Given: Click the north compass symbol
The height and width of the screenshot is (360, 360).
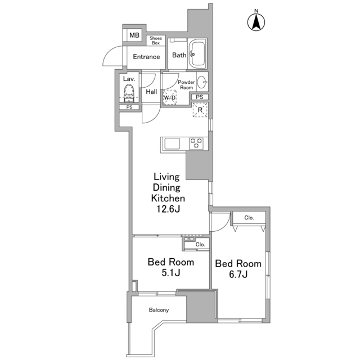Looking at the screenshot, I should pyautogui.click(x=256, y=21).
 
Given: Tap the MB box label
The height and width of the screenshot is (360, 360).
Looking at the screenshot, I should pyautogui.click(x=134, y=35).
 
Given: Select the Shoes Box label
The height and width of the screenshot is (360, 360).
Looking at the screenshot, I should pyautogui.click(x=155, y=40).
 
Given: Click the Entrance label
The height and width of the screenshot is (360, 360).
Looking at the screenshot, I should pyautogui.click(x=146, y=56).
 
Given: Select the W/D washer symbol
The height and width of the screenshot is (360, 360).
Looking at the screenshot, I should pyautogui.click(x=170, y=97).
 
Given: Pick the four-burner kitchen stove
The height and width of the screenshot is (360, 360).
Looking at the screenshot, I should pyautogui.click(x=196, y=143).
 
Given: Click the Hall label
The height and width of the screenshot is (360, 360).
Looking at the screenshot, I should pyautogui.click(x=151, y=92).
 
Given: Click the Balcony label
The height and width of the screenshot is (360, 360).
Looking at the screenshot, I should pyautogui.click(x=159, y=310).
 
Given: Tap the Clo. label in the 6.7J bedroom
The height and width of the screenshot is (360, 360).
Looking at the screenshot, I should pyautogui.click(x=249, y=218).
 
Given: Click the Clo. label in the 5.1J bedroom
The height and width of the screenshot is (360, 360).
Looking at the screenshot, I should pyautogui.click(x=200, y=245).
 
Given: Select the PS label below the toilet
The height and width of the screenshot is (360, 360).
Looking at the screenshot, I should pyautogui.click(x=129, y=107).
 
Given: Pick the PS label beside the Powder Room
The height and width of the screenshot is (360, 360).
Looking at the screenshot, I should pyautogui.click(x=200, y=97).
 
